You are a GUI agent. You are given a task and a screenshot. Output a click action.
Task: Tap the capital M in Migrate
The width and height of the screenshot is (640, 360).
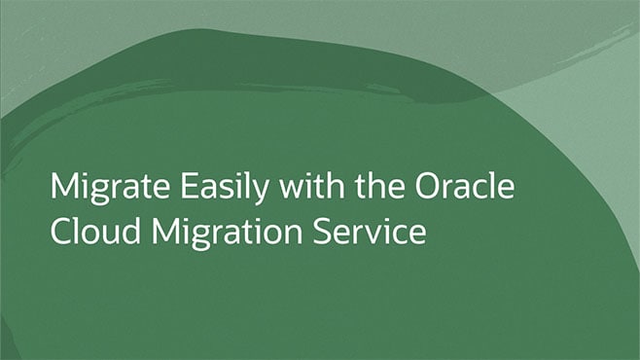pos(62,186)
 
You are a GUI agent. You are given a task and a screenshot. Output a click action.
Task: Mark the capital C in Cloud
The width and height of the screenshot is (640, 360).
pos(59,233)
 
